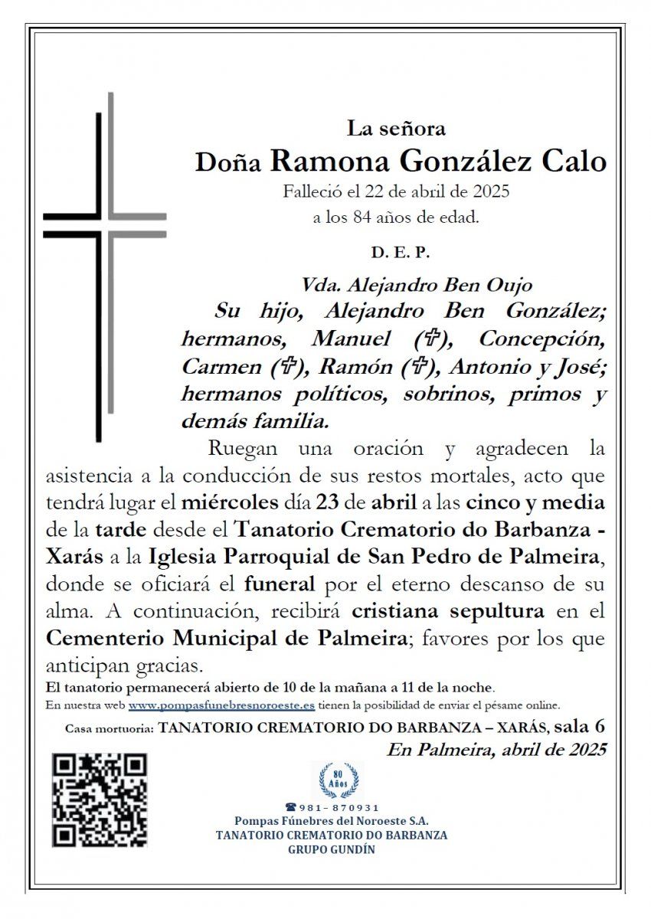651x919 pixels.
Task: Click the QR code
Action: click(100, 800)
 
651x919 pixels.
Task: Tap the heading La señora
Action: click(396, 129)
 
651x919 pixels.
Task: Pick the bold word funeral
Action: click(280, 584)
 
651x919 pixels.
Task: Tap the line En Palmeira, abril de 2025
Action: click(496, 749)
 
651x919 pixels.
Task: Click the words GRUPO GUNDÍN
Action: click(332, 849)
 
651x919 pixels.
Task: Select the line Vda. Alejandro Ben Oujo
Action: click(417, 286)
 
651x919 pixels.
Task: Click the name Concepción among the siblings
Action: click(542, 338)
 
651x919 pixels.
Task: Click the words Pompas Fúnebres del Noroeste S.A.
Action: click(332, 822)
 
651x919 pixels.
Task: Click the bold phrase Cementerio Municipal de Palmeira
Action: click(226, 638)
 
